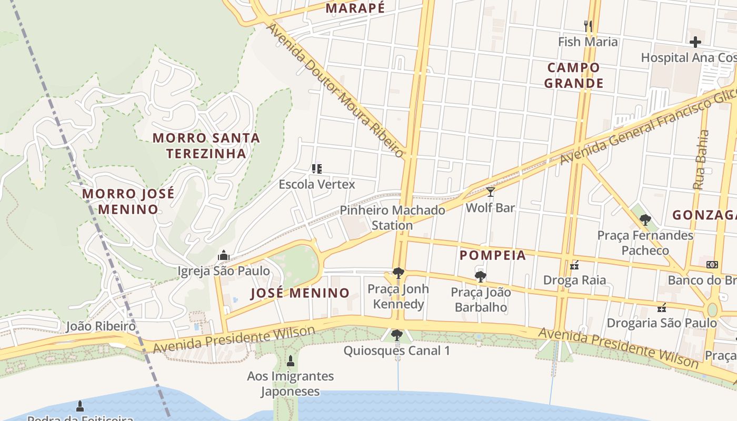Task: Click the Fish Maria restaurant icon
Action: click(588, 25)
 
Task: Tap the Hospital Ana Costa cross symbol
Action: click(695, 42)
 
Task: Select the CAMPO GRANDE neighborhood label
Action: click(573, 75)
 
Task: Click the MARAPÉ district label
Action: click(355, 8)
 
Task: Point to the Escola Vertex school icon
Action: click(316, 169)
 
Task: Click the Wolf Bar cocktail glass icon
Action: click(490, 192)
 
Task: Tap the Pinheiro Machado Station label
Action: click(392, 218)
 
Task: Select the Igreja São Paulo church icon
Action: click(224, 256)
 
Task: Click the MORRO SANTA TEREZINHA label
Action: click(206, 146)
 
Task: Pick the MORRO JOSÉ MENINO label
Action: click(128, 201)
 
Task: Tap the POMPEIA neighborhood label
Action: click(493, 255)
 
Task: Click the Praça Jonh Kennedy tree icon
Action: click(398, 273)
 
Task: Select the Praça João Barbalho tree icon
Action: click(480, 276)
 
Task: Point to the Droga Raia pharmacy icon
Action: click(574, 265)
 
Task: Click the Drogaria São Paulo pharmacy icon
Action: click(662, 307)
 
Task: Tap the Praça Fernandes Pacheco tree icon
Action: click(645, 220)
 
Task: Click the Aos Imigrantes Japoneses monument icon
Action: click(290, 360)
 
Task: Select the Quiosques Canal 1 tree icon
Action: click(397, 335)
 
